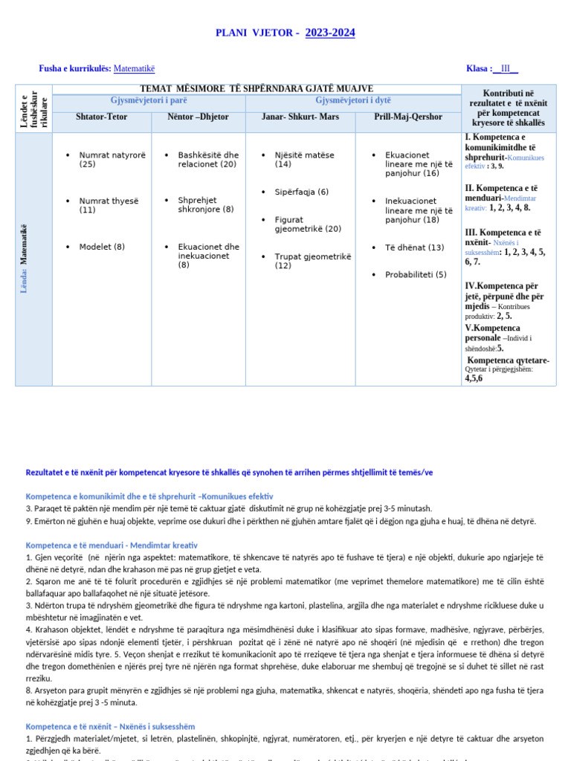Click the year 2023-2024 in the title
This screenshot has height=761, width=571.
329,33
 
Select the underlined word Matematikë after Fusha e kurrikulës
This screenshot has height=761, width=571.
134,68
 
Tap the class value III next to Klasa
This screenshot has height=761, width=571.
506,68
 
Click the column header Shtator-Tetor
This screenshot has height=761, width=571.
102,117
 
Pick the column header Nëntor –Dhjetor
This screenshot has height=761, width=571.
199,117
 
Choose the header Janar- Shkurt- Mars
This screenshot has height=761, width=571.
300,117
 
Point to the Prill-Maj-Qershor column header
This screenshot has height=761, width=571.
408,117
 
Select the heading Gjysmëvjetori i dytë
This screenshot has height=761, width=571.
353,100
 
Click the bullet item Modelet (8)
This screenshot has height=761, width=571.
102,247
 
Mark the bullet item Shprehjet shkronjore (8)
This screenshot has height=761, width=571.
205,204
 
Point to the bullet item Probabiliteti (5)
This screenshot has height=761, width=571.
415,275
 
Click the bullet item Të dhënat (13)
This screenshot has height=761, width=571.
414,247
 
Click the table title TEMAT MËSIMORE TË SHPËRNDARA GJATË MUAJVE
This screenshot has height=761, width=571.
257,89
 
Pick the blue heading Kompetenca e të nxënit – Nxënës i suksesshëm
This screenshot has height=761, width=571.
111,726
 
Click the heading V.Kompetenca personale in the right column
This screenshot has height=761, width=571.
492,332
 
